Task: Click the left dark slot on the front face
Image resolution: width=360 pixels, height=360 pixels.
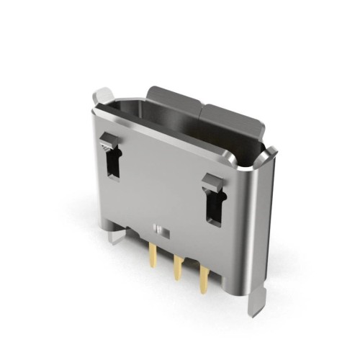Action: pos(114,162)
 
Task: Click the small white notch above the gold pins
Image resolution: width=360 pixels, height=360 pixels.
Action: pos(160,230)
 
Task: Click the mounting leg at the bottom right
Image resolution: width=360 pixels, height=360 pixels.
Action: pos(257,302)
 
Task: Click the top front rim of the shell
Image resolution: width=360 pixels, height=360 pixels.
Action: pos(173,140)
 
